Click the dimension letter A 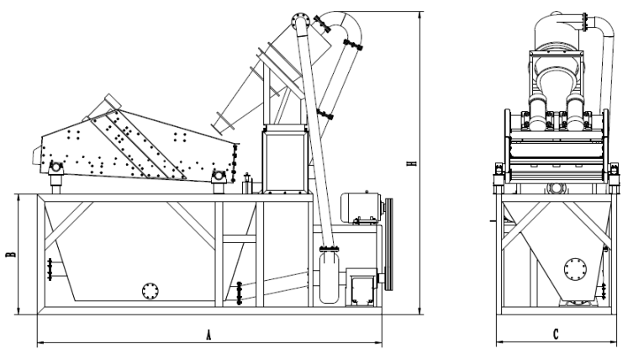[208, 335]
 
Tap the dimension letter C [556, 334]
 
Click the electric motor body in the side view [360, 207]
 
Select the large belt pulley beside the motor [388, 244]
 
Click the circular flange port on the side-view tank [150, 291]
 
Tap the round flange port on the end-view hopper [575, 269]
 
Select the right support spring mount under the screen [219, 180]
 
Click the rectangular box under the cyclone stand [285, 161]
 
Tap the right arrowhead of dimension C [614, 343]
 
